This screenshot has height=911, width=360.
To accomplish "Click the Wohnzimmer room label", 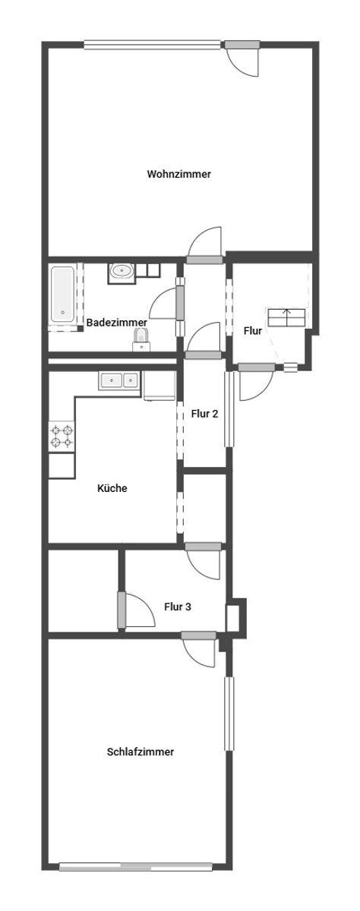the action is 178,174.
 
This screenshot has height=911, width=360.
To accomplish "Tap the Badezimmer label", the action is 117,323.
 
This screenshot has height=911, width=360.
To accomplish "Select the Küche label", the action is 112,488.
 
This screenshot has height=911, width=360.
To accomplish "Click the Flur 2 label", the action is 204,414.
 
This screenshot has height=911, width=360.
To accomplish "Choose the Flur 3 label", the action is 178,607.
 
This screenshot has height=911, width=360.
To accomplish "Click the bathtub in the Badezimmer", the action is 62,295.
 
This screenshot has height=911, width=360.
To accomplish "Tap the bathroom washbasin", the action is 122,270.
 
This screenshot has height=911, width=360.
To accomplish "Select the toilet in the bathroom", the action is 141,340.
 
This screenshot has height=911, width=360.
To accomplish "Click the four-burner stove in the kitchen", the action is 62,436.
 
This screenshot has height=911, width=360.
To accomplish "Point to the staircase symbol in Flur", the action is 286,317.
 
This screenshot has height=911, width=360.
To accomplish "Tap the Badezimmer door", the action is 167,303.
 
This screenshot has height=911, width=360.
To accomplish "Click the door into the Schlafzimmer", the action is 199,649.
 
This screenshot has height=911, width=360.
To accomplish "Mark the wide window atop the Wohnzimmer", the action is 152,45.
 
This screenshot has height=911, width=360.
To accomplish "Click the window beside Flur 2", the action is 230,408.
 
